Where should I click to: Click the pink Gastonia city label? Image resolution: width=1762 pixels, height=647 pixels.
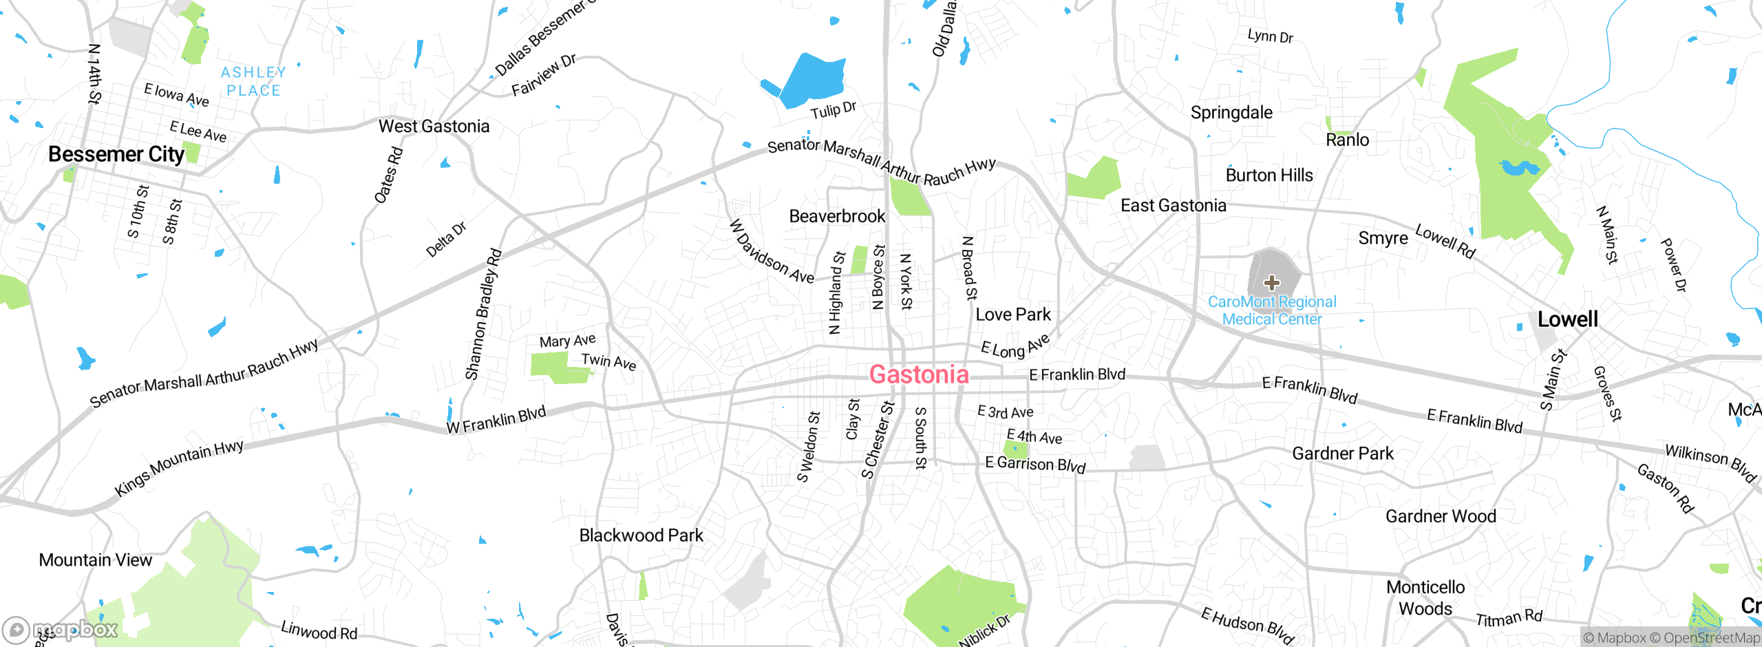click(x=918, y=374)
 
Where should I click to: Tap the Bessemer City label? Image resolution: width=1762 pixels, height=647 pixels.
click(x=116, y=154)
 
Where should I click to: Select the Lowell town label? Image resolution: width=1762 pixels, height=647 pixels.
click(x=1567, y=319)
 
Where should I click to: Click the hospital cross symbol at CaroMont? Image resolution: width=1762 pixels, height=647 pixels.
click(x=1272, y=282)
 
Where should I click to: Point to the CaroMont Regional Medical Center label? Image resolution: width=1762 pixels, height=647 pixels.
click(x=1272, y=310)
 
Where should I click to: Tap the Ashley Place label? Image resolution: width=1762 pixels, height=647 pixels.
click(x=253, y=81)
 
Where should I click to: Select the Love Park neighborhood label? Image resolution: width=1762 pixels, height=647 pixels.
click(x=1012, y=315)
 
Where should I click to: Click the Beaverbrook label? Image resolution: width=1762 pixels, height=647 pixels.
click(x=837, y=216)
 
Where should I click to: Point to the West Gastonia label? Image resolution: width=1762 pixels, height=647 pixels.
click(x=434, y=127)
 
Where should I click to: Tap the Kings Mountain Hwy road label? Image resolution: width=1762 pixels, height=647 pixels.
click(x=179, y=467)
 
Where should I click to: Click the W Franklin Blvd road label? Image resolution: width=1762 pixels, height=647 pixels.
click(x=496, y=420)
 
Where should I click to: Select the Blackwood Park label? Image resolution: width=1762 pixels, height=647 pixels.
click(x=641, y=535)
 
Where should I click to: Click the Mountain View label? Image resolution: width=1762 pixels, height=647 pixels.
click(x=95, y=560)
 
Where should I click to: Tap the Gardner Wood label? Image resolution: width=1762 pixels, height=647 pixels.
click(x=1441, y=516)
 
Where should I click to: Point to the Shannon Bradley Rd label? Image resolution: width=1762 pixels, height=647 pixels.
click(x=483, y=315)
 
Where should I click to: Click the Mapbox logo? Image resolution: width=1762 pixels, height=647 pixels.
click(x=61, y=629)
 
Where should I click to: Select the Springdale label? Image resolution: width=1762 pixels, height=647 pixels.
click(x=1231, y=112)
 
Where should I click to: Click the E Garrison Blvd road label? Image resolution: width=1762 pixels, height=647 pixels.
click(x=1034, y=465)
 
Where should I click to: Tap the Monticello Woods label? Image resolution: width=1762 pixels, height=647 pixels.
click(x=1425, y=597)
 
